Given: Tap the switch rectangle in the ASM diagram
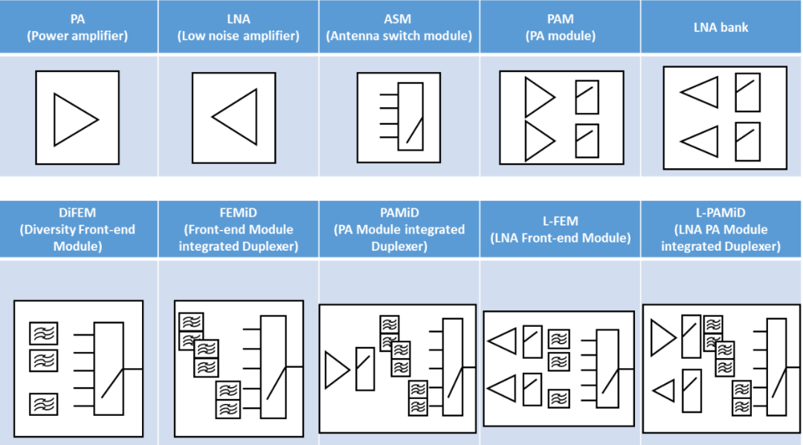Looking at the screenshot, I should [x=410, y=117].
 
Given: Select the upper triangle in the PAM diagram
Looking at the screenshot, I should [x=538, y=97].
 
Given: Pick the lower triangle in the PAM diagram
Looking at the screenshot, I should [x=538, y=141].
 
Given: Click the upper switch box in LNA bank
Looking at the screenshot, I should [x=747, y=92].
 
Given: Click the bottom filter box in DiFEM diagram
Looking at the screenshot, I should [x=44, y=404].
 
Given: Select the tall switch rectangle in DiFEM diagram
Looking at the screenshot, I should [x=109, y=368].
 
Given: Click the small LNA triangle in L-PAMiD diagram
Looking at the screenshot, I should [x=664, y=388].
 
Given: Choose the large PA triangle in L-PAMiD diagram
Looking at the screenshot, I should [x=662, y=338].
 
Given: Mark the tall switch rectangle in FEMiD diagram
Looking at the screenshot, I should [x=273, y=365].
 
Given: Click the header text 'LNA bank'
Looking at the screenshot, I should [x=720, y=28].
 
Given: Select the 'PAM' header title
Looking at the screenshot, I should [x=559, y=20].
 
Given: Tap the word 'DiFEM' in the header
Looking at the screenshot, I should [x=78, y=214].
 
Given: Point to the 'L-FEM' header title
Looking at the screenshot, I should [x=559, y=222].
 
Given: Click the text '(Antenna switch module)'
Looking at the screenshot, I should [x=399, y=36].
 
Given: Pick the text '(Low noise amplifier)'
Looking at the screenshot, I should [x=238, y=36].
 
